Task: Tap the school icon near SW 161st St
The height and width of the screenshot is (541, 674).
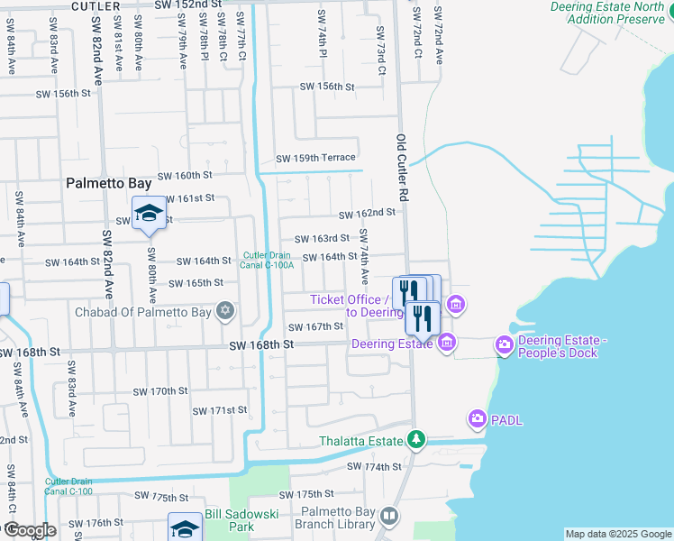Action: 149,214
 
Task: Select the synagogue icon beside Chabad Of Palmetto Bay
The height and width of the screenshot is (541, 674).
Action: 225,312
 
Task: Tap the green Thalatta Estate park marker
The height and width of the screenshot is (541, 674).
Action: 415,441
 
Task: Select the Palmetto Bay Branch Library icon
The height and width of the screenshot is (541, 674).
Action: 389,517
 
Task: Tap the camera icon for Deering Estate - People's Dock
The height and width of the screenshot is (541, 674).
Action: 504,344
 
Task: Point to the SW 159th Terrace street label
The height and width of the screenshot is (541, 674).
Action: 315,158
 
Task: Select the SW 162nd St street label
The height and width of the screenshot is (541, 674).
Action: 367,214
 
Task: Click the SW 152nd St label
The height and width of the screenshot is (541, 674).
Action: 193,5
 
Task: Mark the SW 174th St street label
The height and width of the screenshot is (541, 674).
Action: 374,466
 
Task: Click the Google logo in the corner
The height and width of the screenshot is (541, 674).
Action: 29,530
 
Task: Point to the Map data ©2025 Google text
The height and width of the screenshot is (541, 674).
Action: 617,534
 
